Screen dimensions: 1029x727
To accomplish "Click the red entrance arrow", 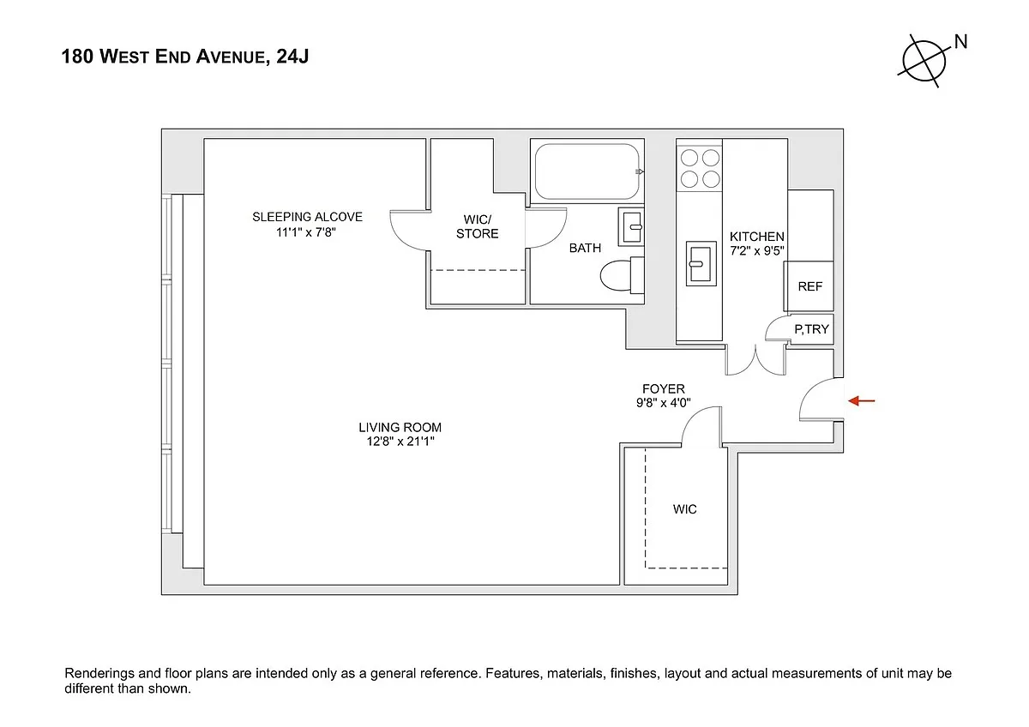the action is (x=863, y=400).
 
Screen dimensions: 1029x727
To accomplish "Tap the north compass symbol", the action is (x=924, y=61).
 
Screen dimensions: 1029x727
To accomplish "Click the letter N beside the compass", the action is (x=960, y=41).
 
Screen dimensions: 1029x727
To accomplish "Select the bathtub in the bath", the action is (x=587, y=171).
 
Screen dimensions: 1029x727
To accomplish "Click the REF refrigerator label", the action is (x=809, y=286).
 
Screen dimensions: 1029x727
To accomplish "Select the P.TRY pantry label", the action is (x=811, y=328).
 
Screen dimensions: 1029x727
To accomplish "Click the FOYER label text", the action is (x=664, y=389).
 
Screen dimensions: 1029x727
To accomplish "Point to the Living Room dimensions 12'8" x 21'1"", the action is (x=400, y=442).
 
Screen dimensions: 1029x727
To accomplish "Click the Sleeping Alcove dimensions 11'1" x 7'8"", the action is (x=307, y=231).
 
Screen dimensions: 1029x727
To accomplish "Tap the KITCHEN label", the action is (x=756, y=237).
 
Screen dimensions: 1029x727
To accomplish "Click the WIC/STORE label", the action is (x=477, y=227).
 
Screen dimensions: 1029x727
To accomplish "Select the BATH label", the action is (x=585, y=248).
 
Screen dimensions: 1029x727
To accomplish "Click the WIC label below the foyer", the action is (x=684, y=509).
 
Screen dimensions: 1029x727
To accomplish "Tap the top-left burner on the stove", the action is (x=689, y=159).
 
